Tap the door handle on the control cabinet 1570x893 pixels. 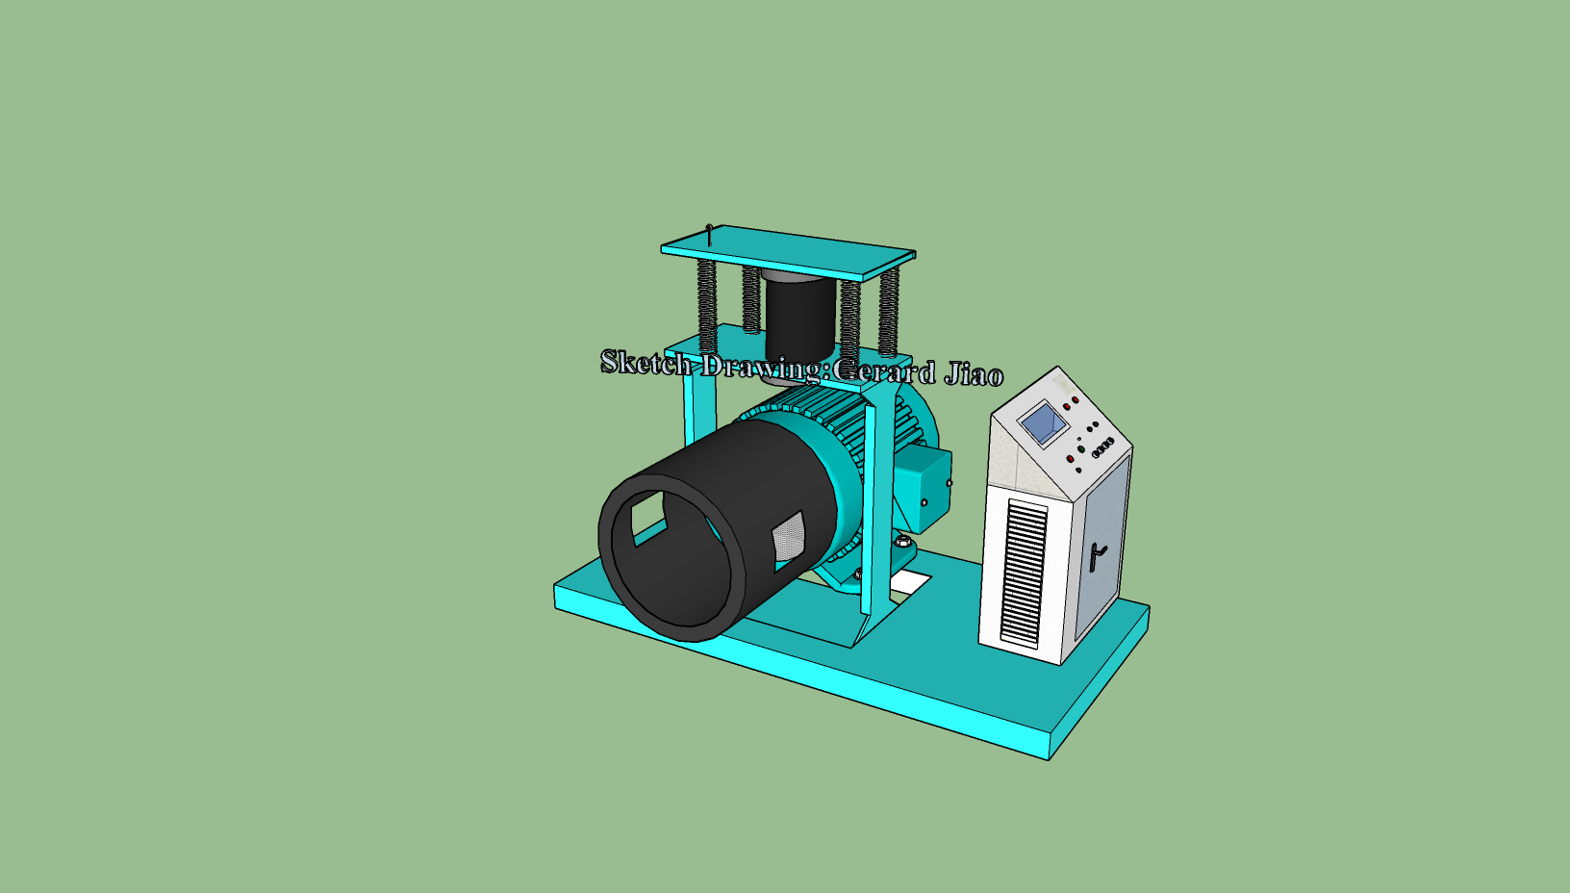1097,555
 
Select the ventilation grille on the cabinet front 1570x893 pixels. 1024,572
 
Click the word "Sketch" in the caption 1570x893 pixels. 646,363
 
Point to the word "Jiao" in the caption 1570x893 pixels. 974,373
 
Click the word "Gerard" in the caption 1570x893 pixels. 883,370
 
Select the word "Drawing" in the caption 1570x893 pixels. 762,366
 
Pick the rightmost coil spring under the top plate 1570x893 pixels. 889,310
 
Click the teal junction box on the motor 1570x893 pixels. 922,491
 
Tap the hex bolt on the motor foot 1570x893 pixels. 902,545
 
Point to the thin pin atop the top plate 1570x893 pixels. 709,234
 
